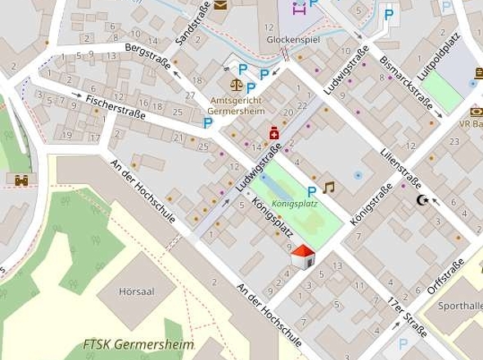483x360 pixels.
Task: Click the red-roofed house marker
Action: tap(303, 256)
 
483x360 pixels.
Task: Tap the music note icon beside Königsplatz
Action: tap(329, 187)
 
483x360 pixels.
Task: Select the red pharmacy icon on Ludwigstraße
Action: tap(273, 133)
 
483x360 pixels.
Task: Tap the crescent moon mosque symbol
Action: tap(423, 200)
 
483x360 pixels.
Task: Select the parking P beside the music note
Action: tap(311, 191)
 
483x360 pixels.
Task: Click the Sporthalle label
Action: tap(458, 306)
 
